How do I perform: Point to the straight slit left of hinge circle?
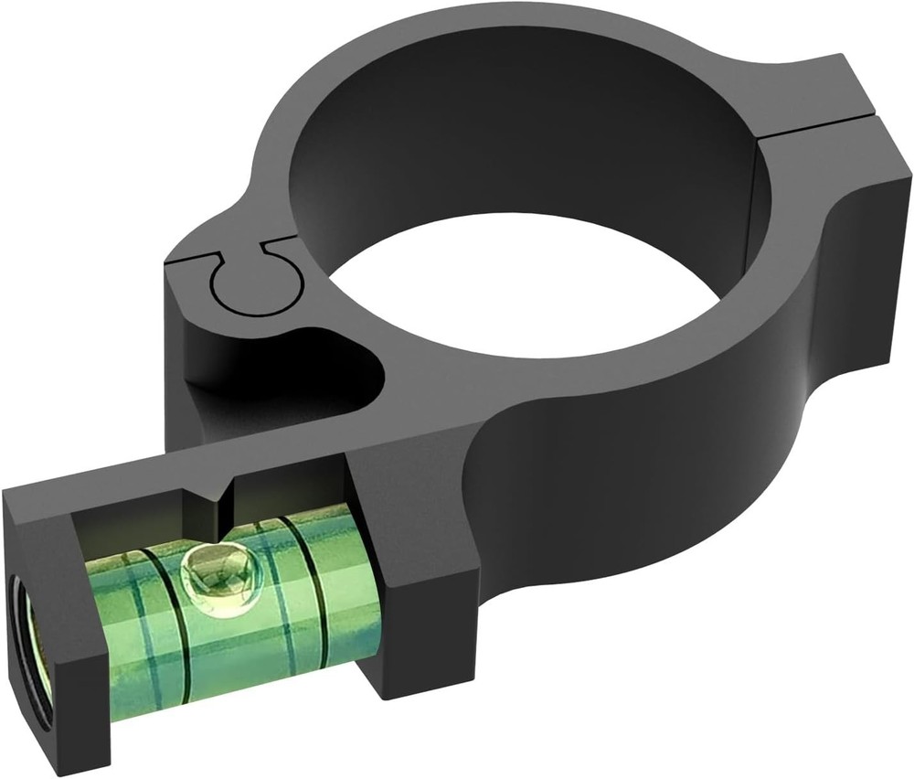[x=192, y=262]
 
